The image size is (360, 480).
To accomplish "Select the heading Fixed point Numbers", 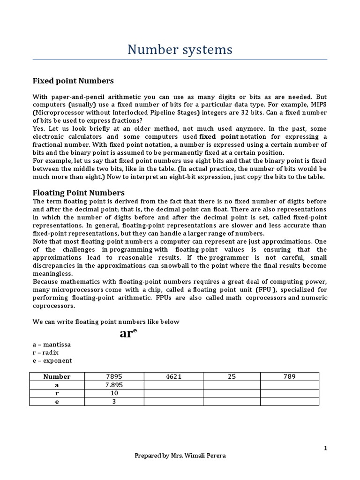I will point(73,81).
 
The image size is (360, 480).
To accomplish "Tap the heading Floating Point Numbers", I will point(78,193).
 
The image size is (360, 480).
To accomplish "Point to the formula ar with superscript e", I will point(128,333).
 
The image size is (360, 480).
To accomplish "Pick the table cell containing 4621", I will point(173,376).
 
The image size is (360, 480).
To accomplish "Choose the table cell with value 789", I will point(289,376).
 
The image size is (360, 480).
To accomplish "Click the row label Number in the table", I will point(57,376).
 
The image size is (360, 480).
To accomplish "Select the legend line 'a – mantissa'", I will point(52,345).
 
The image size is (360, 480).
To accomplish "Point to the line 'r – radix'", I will point(46,352).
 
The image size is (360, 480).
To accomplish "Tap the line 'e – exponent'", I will point(52,360).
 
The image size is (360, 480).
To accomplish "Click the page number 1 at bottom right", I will point(325,448).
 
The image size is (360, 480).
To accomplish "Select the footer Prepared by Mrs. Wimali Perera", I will point(180,456).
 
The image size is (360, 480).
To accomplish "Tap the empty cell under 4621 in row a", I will point(173,385).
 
